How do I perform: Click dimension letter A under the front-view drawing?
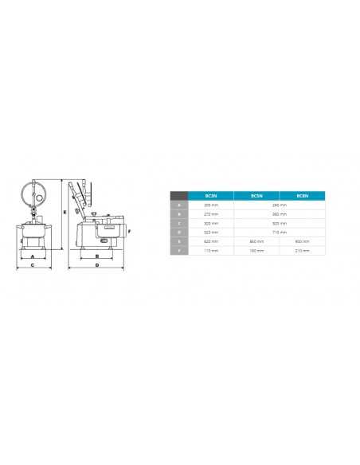point(32,257)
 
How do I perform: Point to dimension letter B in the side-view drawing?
point(96,256)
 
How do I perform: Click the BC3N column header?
point(211,195)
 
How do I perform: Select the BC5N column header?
point(256,195)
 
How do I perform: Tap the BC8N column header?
point(302,195)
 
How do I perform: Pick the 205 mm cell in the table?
point(211,205)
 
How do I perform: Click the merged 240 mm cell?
point(279,205)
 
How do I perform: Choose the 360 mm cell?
point(279,213)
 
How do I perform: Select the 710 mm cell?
point(279,232)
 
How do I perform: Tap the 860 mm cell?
point(256,240)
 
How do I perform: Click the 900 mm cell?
point(302,240)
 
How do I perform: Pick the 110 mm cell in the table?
point(211,250)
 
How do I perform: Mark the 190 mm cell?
point(256,250)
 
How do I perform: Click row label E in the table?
point(179,240)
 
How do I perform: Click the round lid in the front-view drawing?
point(35,191)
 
